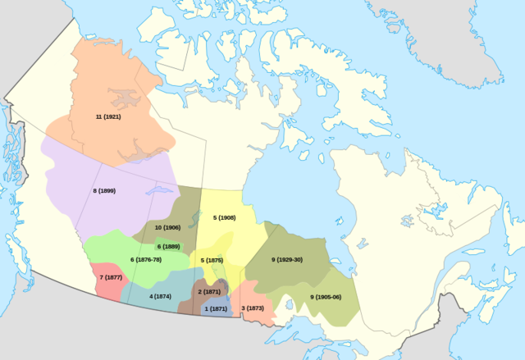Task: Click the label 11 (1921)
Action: click(x=109, y=117)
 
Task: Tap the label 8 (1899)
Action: click(x=105, y=190)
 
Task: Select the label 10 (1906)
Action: click(x=167, y=227)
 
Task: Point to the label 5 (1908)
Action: click(x=224, y=217)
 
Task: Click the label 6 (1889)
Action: click(x=168, y=246)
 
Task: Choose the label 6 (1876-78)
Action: click(x=146, y=260)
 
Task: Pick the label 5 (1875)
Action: click(x=212, y=260)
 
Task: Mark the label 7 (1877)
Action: click(x=111, y=278)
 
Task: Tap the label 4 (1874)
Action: click(x=161, y=295)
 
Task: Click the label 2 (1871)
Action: click(x=209, y=292)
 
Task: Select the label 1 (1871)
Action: click(x=215, y=309)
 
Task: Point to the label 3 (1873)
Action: click(x=253, y=308)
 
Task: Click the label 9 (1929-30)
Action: click(x=287, y=259)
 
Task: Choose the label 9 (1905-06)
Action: click(x=325, y=296)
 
